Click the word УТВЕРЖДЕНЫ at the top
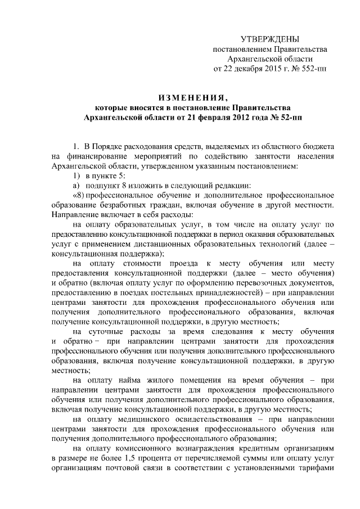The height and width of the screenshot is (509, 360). [x=269, y=39]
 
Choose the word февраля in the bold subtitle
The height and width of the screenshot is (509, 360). [x=200, y=116]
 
